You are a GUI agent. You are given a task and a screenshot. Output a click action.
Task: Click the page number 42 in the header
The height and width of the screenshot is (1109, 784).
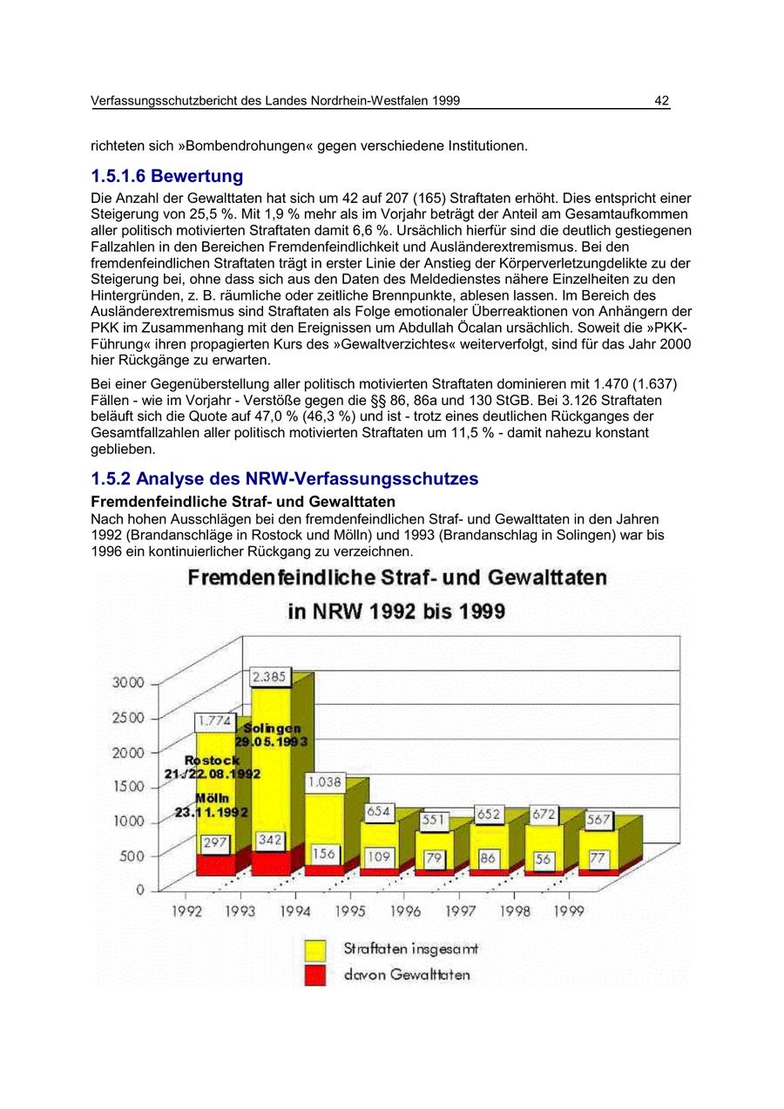click(x=661, y=101)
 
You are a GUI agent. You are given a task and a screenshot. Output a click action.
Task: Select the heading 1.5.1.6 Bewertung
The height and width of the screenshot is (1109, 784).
click(x=167, y=176)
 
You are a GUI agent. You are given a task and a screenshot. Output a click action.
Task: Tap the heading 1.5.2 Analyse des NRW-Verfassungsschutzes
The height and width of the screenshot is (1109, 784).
click(x=285, y=479)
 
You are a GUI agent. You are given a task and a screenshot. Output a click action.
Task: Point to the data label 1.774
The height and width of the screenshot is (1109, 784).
click(x=214, y=720)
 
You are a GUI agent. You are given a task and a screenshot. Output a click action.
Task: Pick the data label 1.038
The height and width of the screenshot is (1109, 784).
click(x=324, y=782)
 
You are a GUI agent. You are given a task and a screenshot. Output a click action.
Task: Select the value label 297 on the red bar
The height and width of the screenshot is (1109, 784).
click(x=215, y=843)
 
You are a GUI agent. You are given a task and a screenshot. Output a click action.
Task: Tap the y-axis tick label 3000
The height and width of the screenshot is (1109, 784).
click(x=127, y=683)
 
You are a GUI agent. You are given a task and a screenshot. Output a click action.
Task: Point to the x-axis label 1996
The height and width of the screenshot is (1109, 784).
click(x=405, y=911)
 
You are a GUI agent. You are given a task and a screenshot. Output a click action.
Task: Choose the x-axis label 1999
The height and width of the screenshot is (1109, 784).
click(x=568, y=911)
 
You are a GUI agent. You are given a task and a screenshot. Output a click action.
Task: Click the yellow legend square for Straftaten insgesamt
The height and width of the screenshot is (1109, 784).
click(x=314, y=949)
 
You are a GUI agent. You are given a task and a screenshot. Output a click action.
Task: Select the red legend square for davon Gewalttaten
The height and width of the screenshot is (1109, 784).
click(x=314, y=975)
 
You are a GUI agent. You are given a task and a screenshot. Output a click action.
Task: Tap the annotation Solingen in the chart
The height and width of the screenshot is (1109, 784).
click(x=273, y=728)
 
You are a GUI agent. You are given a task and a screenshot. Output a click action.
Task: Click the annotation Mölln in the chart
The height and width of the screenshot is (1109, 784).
click(x=212, y=798)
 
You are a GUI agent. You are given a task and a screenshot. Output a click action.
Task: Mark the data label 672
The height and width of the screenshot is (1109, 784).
click(x=544, y=814)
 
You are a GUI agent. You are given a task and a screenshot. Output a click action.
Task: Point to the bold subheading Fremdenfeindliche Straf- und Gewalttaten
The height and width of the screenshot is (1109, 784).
click(x=243, y=502)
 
